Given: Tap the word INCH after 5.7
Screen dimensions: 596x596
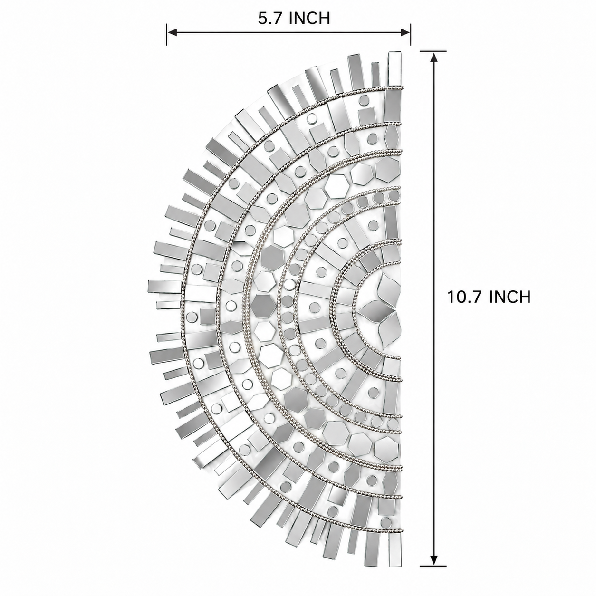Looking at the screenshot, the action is point(309,18).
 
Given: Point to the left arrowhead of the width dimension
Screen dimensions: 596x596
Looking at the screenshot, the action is point(172,32).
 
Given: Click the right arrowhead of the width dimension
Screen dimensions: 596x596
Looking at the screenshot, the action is point(405,32).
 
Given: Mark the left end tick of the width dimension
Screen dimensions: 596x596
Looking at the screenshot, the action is point(167,34).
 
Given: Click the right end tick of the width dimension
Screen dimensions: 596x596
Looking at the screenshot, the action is point(411,34).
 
